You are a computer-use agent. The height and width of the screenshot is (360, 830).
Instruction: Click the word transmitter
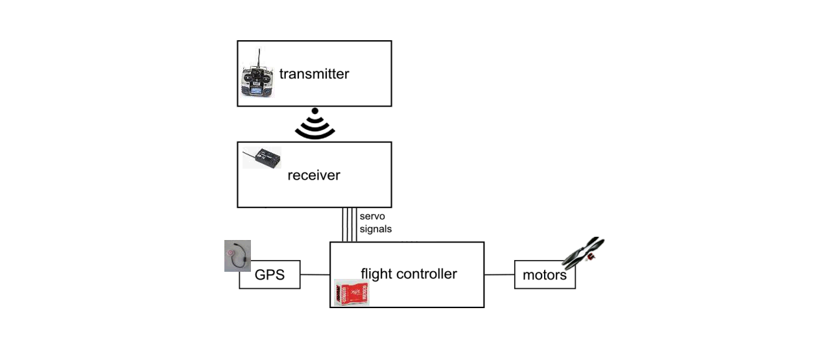[314, 74]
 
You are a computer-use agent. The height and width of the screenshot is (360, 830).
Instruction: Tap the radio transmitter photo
[258, 73]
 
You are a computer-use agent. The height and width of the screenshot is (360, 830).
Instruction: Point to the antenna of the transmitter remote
[259, 58]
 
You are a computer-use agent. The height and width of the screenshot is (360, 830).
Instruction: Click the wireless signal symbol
[315, 124]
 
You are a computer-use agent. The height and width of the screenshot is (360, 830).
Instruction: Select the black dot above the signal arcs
[315, 111]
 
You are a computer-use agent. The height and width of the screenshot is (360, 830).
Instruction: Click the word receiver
[314, 175]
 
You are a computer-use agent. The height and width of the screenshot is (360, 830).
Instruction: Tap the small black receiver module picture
[261, 158]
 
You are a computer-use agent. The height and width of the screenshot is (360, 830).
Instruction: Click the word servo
[372, 216]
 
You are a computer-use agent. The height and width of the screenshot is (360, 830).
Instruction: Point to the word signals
[375, 229]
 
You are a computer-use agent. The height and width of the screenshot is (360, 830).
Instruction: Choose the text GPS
[270, 275]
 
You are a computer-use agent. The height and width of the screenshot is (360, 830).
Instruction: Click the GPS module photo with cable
[237, 256]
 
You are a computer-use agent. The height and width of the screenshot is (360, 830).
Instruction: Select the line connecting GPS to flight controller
[315, 275]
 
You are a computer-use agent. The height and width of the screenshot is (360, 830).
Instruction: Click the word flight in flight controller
[377, 274]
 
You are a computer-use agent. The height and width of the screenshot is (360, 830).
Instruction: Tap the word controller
[427, 274]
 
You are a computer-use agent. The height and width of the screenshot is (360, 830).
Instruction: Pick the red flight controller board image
[351, 293]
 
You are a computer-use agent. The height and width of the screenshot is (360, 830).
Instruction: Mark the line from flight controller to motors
[499, 275]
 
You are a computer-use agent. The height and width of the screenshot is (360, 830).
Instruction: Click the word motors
[545, 275]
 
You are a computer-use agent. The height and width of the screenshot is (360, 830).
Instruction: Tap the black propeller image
[583, 253]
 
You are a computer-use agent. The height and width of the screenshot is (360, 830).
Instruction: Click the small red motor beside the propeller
[591, 257]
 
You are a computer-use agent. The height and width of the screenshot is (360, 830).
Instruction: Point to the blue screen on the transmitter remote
[256, 91]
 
